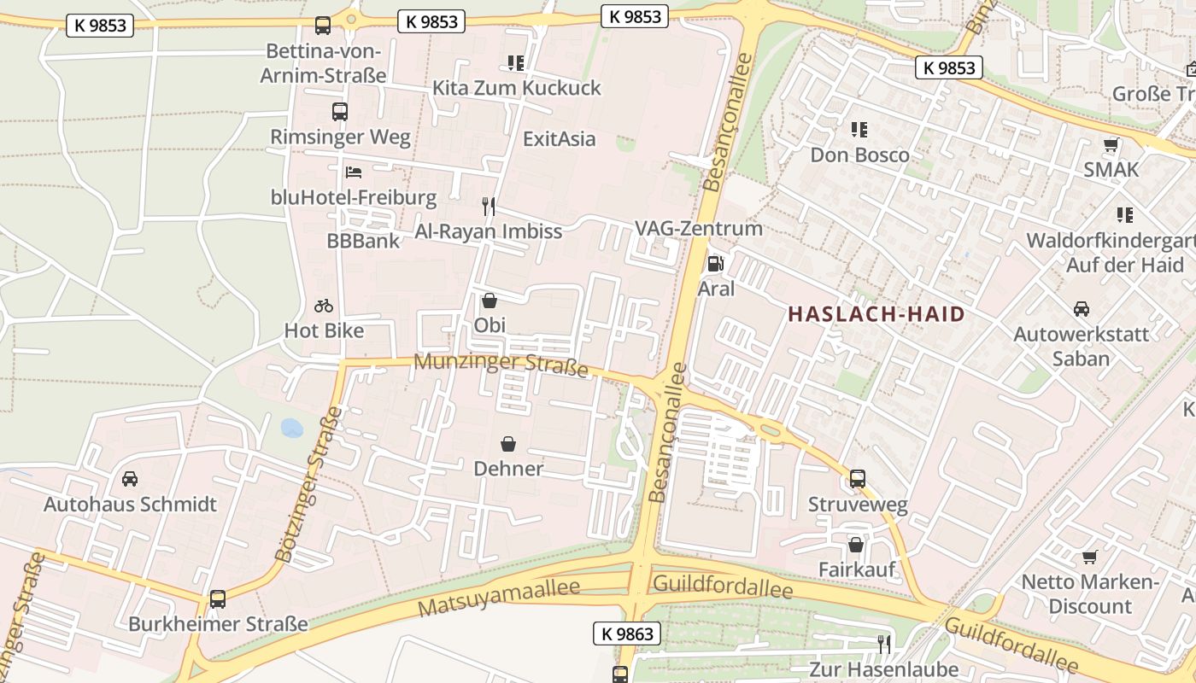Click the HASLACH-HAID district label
[876, 314]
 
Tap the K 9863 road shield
[627, 633]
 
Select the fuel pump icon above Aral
[716, 264]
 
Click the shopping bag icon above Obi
[490, 301]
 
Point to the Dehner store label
[508, 469]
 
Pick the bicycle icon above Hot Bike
[324, 306]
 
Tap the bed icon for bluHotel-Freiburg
[353, 172]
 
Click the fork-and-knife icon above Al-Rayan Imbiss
[488, 206]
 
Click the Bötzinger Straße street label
[309, 484]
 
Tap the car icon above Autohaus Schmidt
[130, 479]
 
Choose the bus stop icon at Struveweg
[858, 479]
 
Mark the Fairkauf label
[856, 569]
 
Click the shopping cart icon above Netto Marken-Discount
[1089, 557]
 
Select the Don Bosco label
[859, 155]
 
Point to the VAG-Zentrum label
[698, 229]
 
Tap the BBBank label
[363, 241]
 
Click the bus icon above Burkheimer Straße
[218, 599]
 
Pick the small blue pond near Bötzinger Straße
[292, 428]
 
